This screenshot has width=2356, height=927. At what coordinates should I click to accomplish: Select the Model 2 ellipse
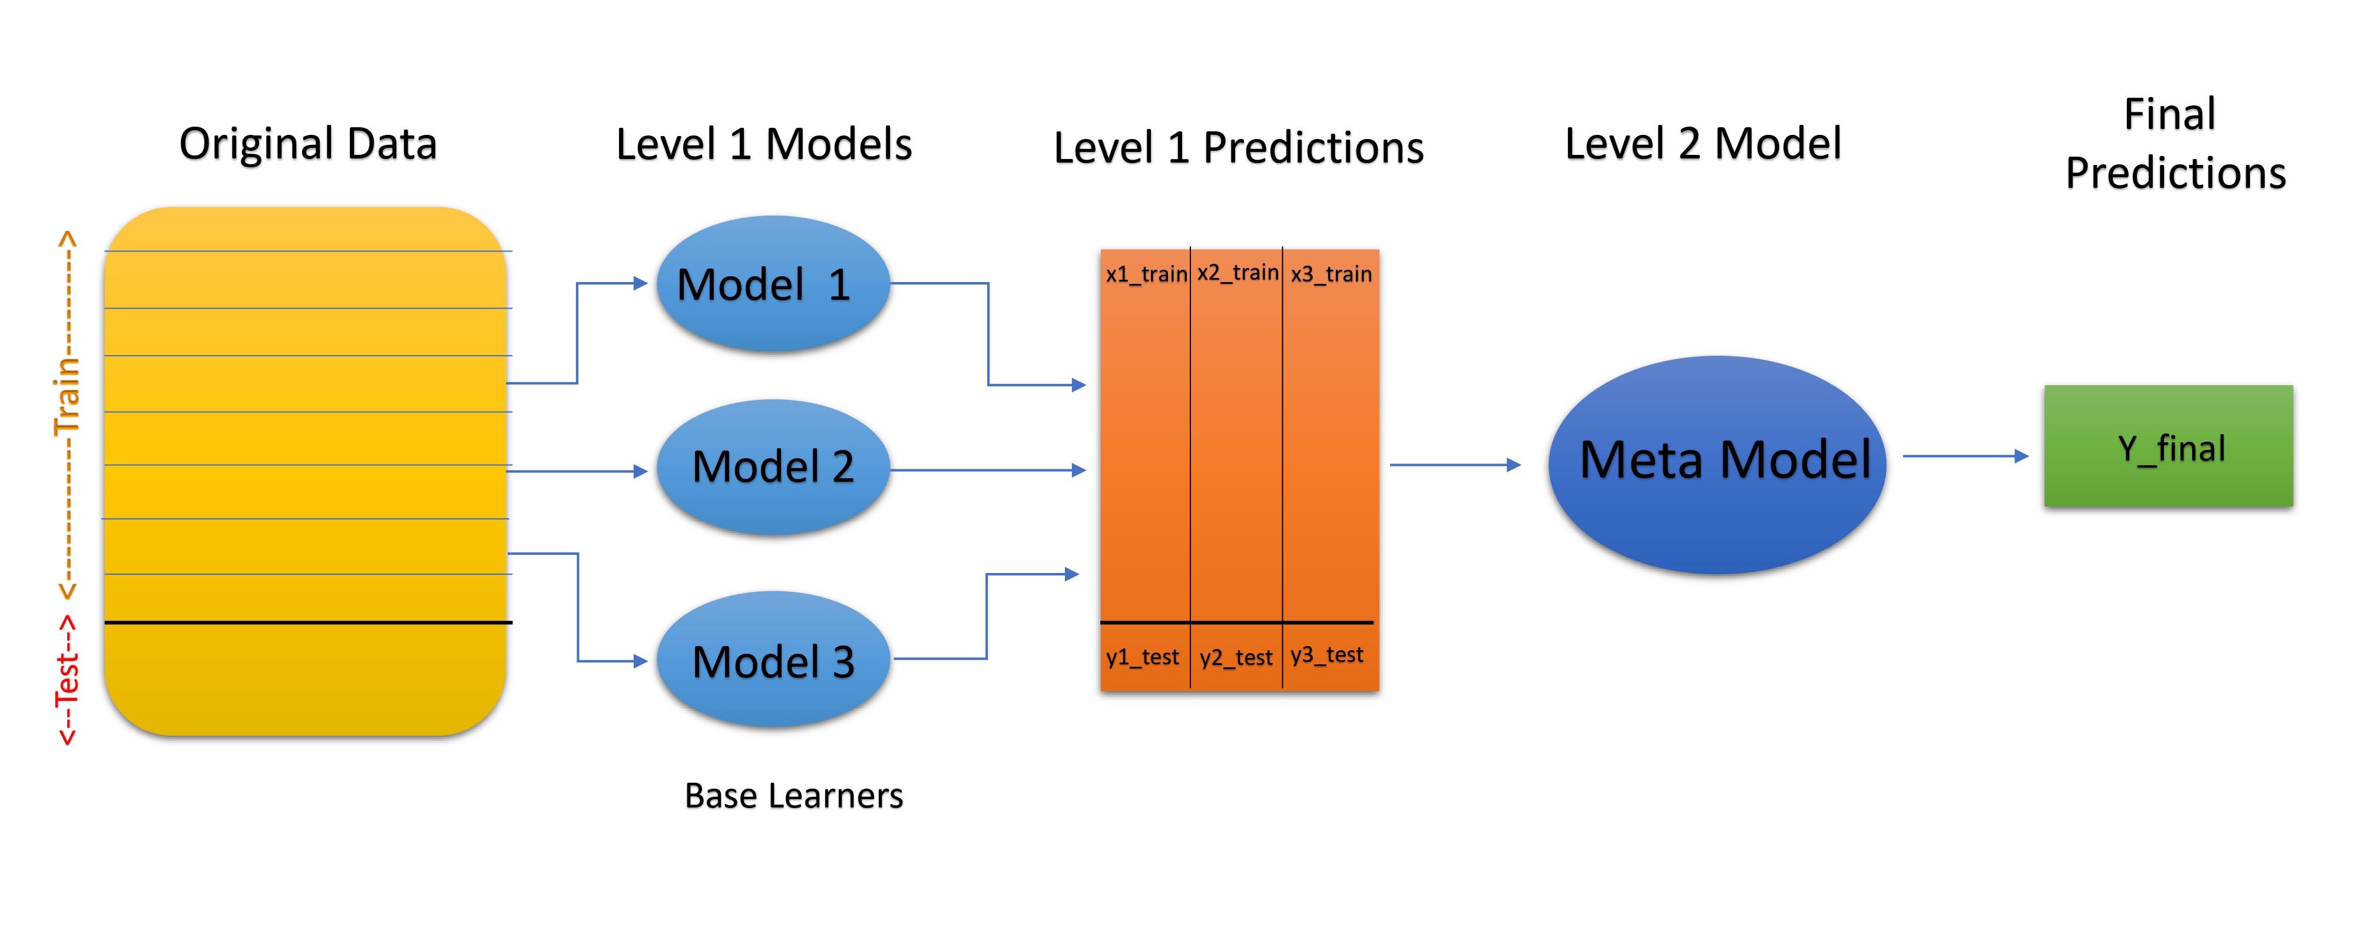click(773, 467)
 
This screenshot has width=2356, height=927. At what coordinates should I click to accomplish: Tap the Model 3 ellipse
click(773, 660)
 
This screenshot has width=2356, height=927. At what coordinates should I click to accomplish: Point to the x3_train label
click(1331, 273)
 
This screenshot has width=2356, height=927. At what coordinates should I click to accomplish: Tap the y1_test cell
click(1143, 657)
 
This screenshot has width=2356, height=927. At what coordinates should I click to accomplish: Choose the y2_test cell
click(1236, 657)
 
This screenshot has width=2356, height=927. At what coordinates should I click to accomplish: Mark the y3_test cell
click(1327, 654)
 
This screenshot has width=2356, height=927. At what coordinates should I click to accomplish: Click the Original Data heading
click(308, 144)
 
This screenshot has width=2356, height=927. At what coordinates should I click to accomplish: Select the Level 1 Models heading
click(764, 144)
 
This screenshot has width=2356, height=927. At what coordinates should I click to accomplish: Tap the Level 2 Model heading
click(1703, 144)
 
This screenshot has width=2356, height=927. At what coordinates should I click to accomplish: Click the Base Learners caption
click(793, 795)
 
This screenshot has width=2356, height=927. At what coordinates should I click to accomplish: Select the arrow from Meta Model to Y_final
click(1964, 455)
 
